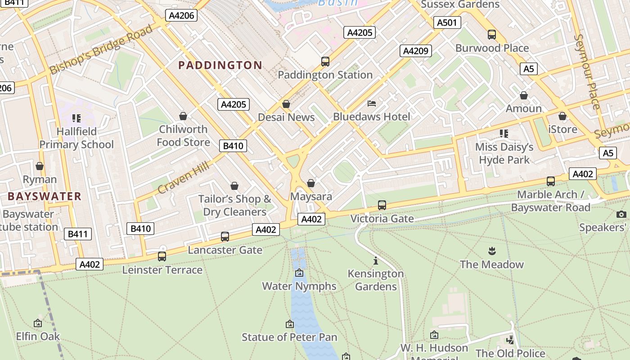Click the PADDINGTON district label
point(220,65)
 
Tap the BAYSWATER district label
point(45,196)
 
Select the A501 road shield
point(446,22)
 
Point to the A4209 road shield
point(415,51)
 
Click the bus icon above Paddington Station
point(325,62)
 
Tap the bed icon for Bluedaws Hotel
point(372,103)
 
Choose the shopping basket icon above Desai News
point(286,104)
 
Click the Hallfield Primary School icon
point(76,118)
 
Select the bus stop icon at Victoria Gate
point(382,205)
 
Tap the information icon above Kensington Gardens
point(376,261)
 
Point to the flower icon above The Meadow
point(491,251)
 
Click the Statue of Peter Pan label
point(289,337)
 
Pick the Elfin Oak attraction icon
point(38,323)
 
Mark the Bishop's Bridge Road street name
point(101,50)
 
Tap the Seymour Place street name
point(588,72)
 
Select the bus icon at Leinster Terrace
point(162,256)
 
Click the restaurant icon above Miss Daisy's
point(504,134)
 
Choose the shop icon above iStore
point(562,117)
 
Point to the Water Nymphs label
point(299,286)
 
